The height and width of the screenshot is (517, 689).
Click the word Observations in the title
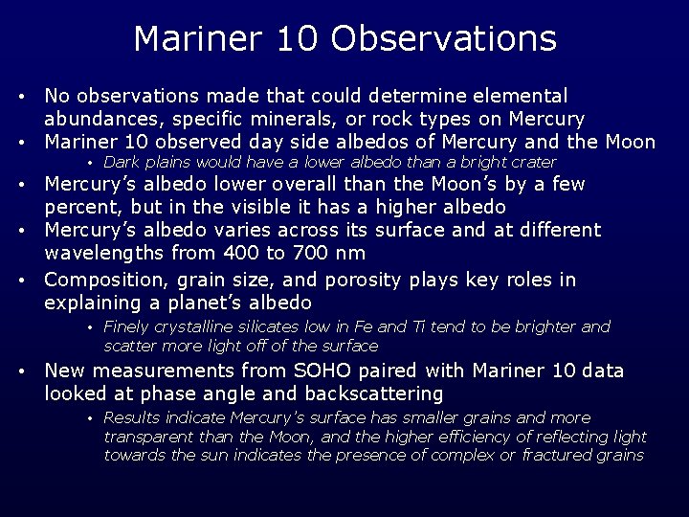tap(443, 39)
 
